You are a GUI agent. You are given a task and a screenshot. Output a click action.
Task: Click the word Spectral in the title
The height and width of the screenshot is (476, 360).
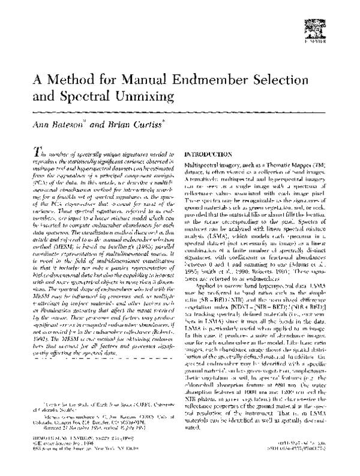[x=92, y=97]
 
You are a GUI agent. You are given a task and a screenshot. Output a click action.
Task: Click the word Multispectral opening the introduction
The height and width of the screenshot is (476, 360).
[x=205, y=164]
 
